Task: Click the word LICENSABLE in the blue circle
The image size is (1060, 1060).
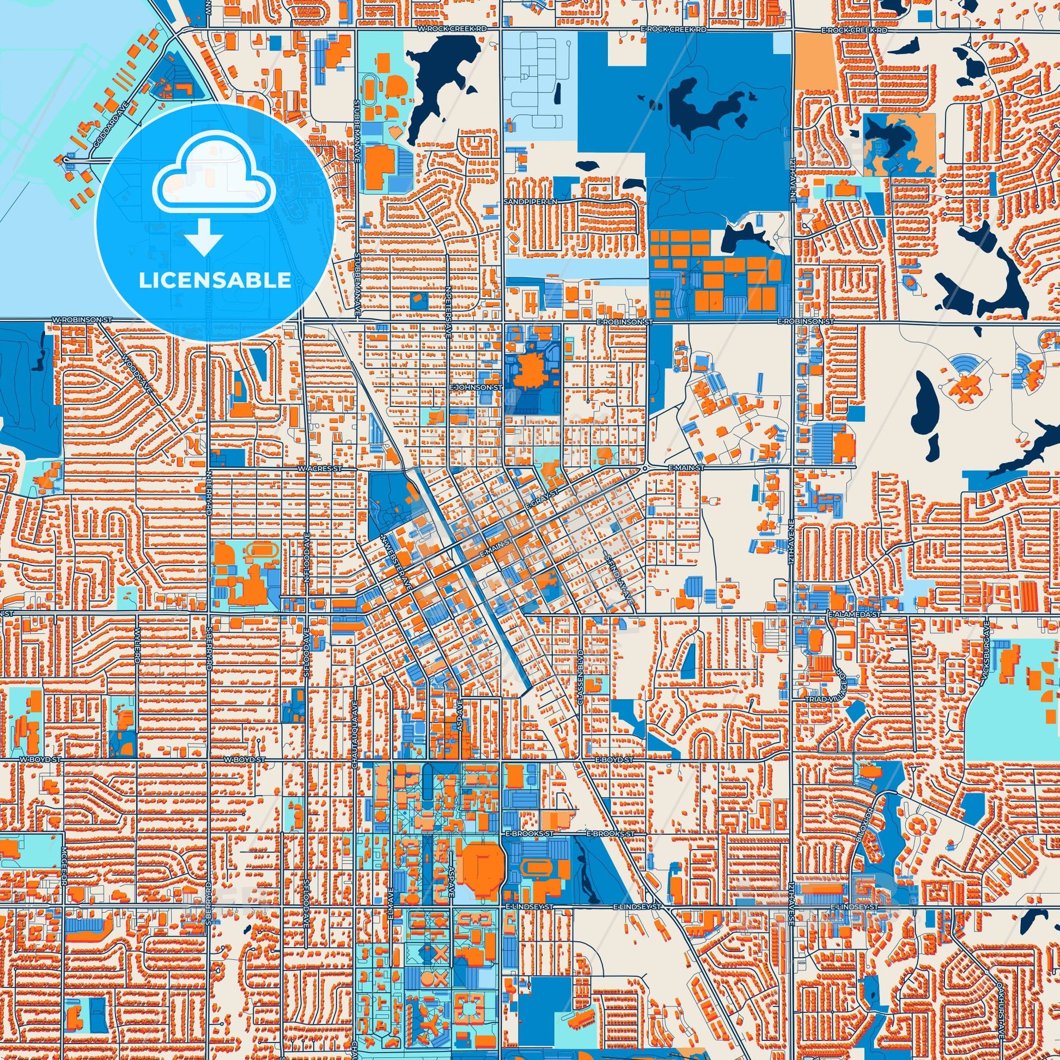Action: pos(215,281)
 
